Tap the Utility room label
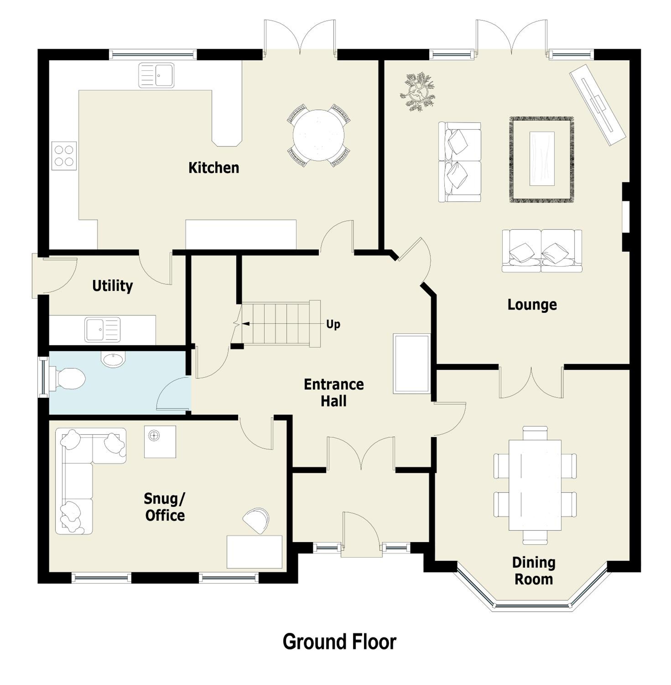point(112,286)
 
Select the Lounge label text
point(532,305)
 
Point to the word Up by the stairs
point(333,324)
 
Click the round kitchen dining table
point(319,135)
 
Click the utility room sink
point(102,329)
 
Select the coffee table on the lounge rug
point(542,158)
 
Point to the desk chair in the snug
point(256,520)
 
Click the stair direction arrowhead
point(246,324)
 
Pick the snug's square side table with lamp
point(160,442)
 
